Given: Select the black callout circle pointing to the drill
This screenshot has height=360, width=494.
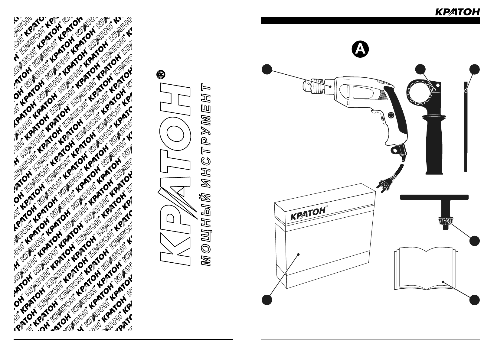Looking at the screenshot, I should [x=267, y=69].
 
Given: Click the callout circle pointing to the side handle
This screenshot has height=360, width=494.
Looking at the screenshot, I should [x=420, y=69].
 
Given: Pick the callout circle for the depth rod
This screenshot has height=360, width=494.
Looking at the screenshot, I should [x=475, y=69].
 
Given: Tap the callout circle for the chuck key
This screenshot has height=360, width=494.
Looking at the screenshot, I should [x=475, y=241].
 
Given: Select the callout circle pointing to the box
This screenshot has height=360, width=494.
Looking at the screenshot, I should [x=267, y=300].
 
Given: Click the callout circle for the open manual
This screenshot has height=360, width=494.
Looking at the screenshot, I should [x=475, y=300].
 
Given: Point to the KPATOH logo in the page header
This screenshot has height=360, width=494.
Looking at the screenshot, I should [x=457, y=12].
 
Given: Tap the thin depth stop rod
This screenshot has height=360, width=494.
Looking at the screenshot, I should [x=466, y=127].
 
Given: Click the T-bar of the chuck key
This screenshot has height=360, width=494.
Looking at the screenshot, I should [x=434, y=197].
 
